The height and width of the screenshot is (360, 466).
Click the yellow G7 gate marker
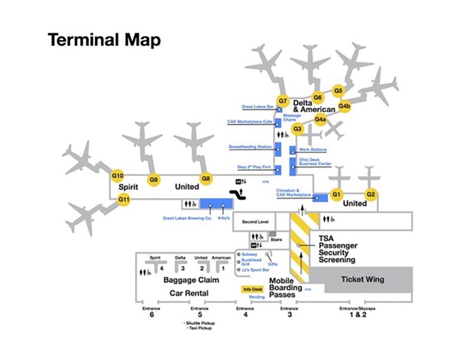pyautogui.click(x=283, y=100)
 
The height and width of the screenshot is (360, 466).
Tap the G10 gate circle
pyautogui.click(x=118, y=176)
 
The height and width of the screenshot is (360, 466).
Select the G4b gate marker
pyautogui.click(x=344, y=106)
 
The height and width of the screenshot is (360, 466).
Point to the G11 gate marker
pyautogui.click(x=124, y=199)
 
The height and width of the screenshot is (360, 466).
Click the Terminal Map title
pyautogui.click(x=104, y=40)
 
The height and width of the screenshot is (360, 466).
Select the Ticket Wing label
pyautogui.click(x=362, y=279)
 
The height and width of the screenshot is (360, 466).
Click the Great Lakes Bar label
pyautogui.click(x=257, y=107)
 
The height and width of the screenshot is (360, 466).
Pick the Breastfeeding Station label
pyautogui.click(x=250, y=146)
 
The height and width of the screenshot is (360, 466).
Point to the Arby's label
pyautogui.click(x=225, y=219)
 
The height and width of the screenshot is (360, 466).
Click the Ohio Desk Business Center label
pyautogui.click(x=315, y=161)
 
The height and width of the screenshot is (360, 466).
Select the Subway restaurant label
pyautogui.click(x=250, y=254)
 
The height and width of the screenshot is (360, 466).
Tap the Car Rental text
pyautogui.click(x=189, y=293)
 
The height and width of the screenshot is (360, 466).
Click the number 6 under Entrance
pyautogui.click(x=152, y=315)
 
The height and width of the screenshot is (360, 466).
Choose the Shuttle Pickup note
pyautogui.click(x=200, y=323)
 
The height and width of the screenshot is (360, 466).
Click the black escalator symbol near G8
pyautogui.click(x=240, y=194)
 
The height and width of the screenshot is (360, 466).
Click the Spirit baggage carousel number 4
pyautogui.click(x=162, y=268)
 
